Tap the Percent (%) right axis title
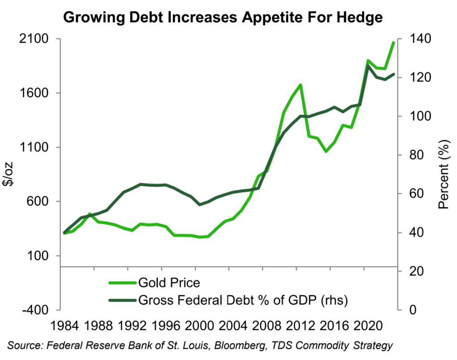coord(444,175)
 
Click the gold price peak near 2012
coord(300,85)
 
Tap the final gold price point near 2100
coord(393,43)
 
